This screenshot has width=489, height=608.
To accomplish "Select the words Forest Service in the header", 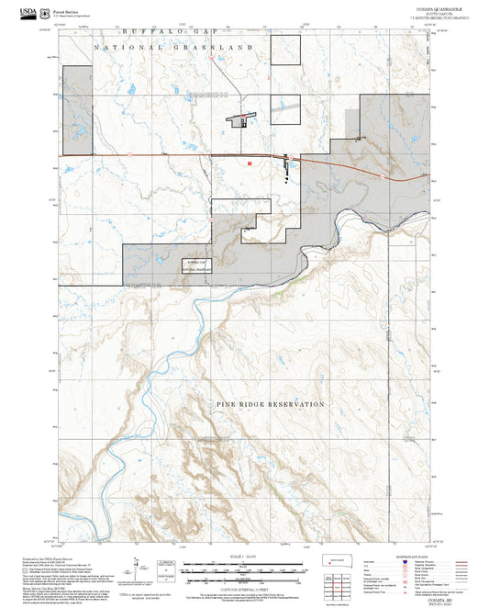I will click(x=69, y=9).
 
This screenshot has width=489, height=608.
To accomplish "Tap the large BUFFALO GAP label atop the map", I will click(x=161, y=31).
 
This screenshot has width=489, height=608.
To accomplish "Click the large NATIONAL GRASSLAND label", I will click(x=174, y=46).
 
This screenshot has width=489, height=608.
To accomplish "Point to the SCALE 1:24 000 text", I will click(x=244, y=555).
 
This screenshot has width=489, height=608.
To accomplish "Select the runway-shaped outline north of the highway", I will click(x=240, y=118).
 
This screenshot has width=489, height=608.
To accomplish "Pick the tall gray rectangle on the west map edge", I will click(x=76, y=110).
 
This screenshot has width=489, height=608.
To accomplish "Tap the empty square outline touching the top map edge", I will click(x=287, y=51).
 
